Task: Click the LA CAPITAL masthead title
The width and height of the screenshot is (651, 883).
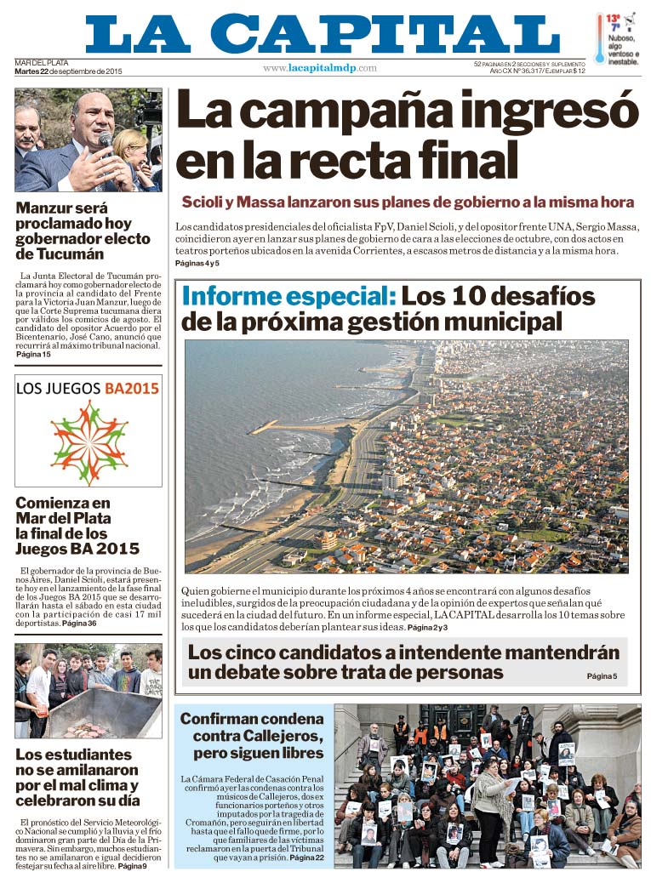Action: [x=323, y=35]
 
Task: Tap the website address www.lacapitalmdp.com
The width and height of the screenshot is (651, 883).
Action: [x=319, y=68]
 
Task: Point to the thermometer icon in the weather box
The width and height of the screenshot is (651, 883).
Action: [x=601, y=39]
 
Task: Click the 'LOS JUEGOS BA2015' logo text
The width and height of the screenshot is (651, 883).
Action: [x=88, y=389]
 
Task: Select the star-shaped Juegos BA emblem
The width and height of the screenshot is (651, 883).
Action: [x=89, y=441]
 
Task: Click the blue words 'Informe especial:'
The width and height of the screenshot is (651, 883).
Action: [x=288, y=297]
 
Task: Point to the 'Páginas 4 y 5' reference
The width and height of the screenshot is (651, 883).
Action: [x=203, y=264]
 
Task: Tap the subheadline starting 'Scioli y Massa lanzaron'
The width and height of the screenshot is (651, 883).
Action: [x=408, y=202]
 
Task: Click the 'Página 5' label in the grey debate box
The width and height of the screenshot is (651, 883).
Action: [x=601, y=676]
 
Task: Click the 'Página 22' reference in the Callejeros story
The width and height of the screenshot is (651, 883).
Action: [x=306, y=858]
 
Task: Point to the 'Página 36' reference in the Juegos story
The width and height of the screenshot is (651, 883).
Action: [x=79, y=624]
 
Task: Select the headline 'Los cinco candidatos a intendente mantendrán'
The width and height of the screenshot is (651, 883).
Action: [x=403, y=653]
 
